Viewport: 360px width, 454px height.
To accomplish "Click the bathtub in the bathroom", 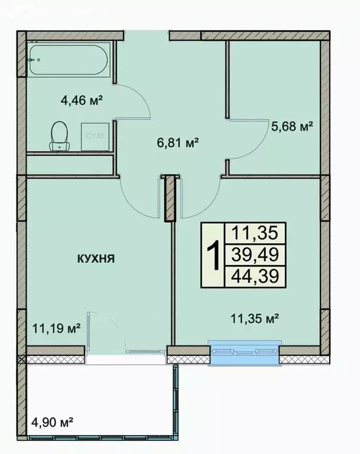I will [x=67, y=61].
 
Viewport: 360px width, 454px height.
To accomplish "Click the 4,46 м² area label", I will [x=82, y=100].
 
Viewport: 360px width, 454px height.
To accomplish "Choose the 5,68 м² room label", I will [x=291, y=125].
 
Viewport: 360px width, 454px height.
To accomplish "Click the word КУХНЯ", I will [x=95, y=258].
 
